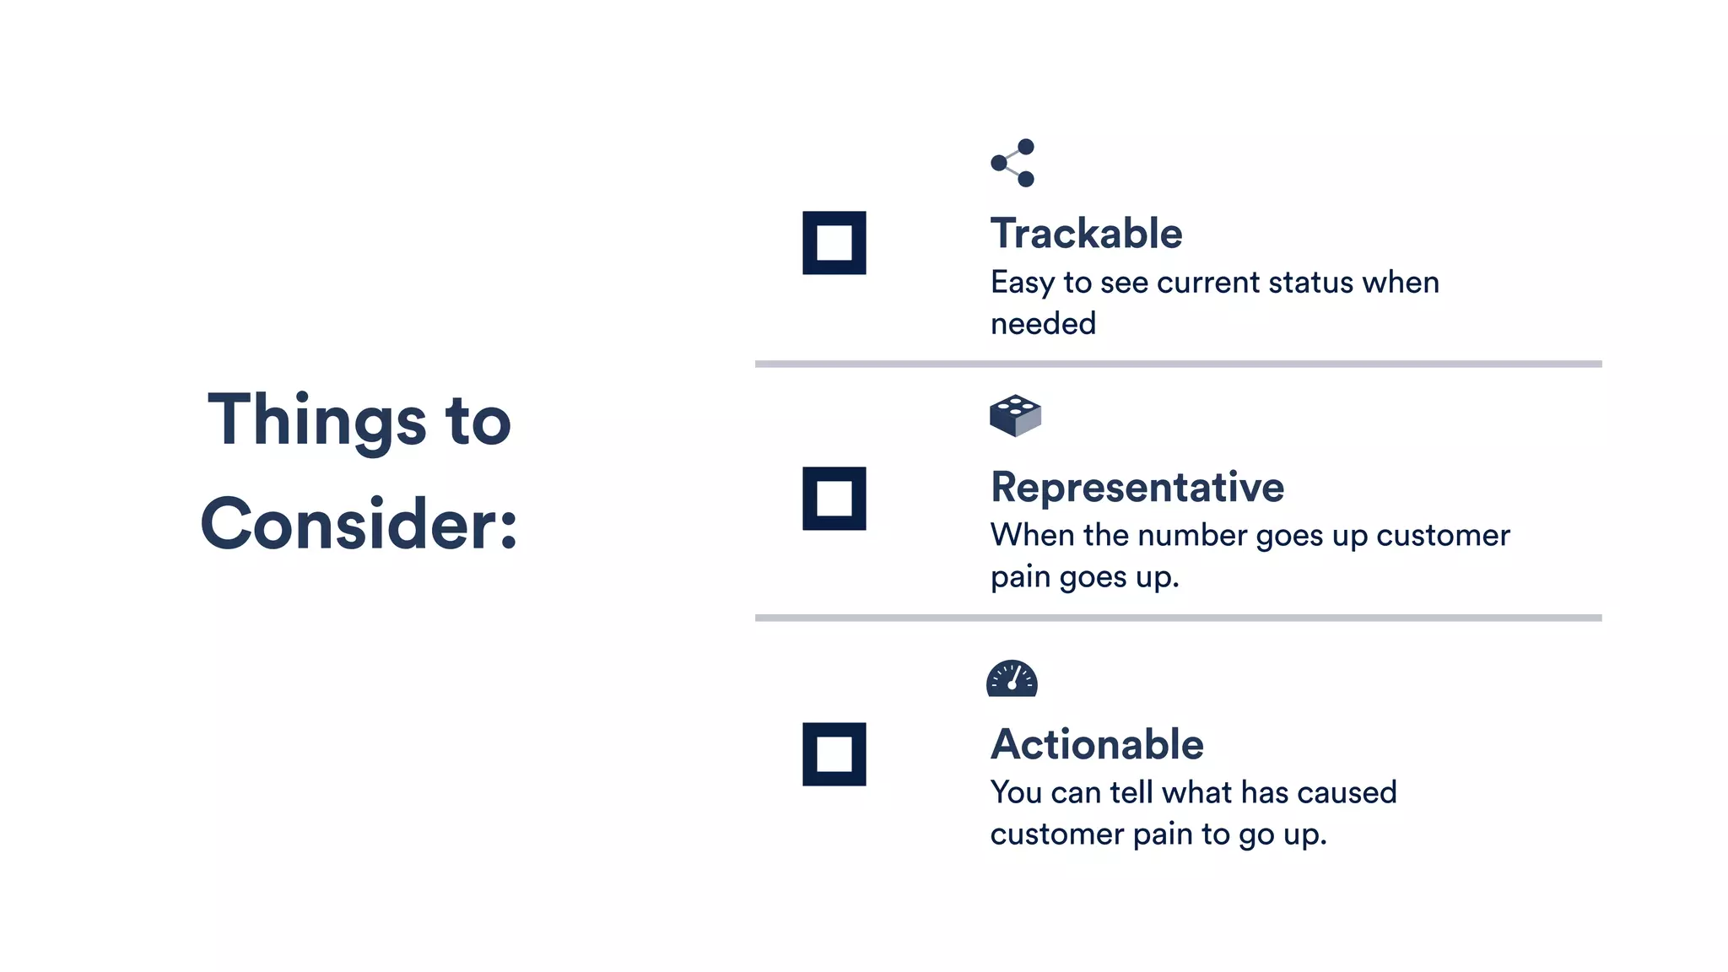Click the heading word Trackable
pyautogui.click(x=1086, y=234)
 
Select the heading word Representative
pyautogui.click(x=1137, y=488)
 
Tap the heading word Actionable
pyautogui.click(x=1096, y=744)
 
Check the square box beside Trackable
pyautogui.click(x=834, y=243)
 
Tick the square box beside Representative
pyautogui.click(x=834, y=499)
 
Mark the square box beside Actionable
pyautogui.click(x=834, y=754)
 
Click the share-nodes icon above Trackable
pyautogui.click(x=1012, y=163)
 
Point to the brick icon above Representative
pyautogui.click(x=1015, y=415)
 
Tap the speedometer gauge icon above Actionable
pyautogui.click(x=1012, y=678)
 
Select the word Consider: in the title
pyautogui.click(x=359, y=524)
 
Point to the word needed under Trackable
pyautogui.click(x=1043, y=324)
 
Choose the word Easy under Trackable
pyautogui.click(x=1023, y=283)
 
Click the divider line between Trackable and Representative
pyautogui.click(x=1178, y=364)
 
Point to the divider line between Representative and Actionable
pyautogui.click(x=1178, y=618)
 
